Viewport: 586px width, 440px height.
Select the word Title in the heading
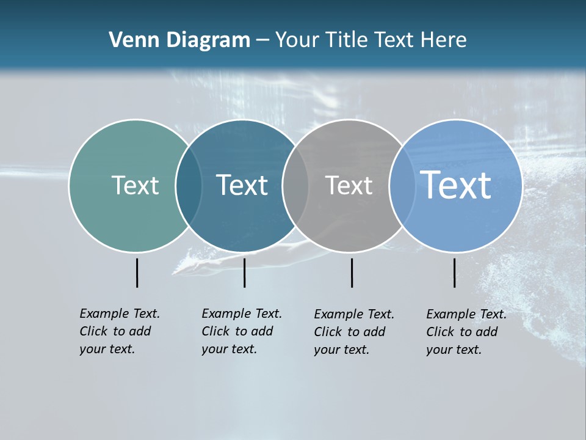(x=347, y=40)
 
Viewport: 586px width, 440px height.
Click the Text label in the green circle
(x=135, y=185)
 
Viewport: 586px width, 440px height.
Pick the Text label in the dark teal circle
(x=242, y=185)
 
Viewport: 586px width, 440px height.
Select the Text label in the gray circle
(x=349, y=185)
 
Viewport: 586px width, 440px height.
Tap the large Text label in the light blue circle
(x=456, y=185)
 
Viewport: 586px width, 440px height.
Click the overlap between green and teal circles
(x=189, y=186)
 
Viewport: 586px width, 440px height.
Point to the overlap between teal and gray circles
(x=295, y=186)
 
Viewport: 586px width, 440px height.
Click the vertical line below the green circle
(x=137, y=273)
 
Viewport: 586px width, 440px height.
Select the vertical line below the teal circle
(x=244, y=273)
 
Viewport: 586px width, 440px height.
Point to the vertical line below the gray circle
(x=352, y=273)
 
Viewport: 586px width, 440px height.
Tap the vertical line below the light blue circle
(x=454, y=273)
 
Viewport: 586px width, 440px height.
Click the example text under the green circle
(x=119, y=331)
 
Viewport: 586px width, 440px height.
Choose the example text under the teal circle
(x=241, y=331)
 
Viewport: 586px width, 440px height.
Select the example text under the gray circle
(x=353, y=332)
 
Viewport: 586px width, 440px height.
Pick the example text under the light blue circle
(x=466, y=332)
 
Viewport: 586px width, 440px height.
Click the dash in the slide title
(x=262, y=40)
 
